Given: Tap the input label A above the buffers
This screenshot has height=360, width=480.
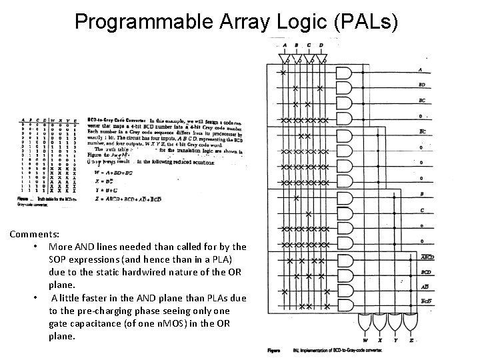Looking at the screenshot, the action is [x=285, y=46].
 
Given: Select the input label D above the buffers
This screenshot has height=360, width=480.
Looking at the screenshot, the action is [x=321, y=46].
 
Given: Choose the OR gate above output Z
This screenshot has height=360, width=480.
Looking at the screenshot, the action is [x=415, y=326].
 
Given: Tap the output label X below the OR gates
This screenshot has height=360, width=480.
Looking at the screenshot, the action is [x=382, y=340].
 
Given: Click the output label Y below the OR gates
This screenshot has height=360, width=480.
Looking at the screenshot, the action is [x=399, y=340].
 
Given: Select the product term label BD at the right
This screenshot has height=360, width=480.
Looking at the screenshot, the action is [x=421, y=85].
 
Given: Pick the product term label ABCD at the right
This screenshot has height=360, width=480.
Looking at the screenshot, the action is [x=427, y=257].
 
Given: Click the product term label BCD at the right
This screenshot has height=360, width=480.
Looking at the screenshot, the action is [x=425, y=272].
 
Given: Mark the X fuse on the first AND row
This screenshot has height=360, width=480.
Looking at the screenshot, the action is [x=284, y=71].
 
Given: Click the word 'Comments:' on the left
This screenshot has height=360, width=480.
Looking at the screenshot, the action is [x=34, y=235].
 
